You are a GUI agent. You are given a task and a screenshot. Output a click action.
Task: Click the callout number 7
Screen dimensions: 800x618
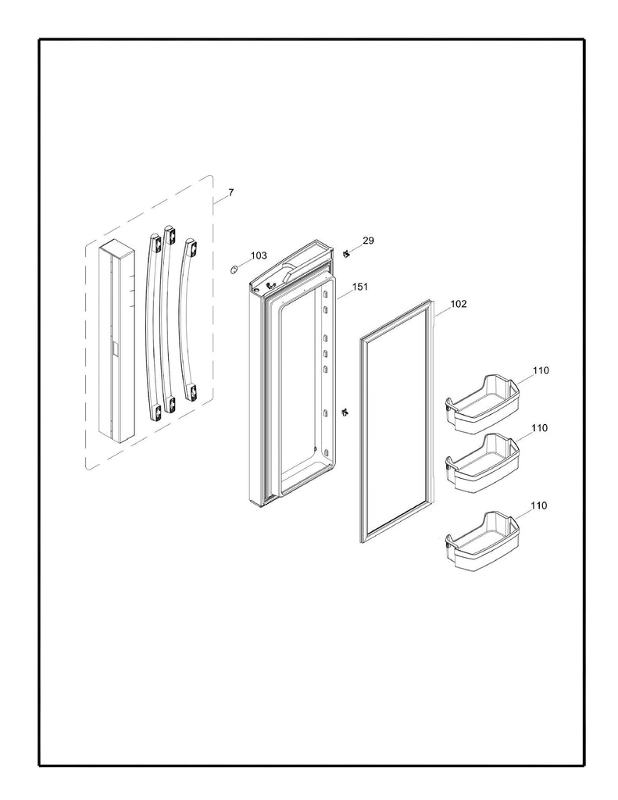pyautogui.click(x=230, y=192)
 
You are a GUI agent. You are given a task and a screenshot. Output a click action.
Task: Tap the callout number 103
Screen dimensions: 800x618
pyautogui.click(x=259, y=255)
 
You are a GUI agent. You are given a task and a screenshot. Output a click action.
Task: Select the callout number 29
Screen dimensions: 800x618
pyautogui.click(x=368, y=241)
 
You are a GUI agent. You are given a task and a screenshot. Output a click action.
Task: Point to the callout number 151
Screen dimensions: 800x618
pyautogui.click(x=359, y=287)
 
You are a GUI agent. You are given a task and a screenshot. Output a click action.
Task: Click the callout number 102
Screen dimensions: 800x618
pyautogui.click(x=459, y=304)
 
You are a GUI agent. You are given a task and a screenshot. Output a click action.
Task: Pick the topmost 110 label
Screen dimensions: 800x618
pyautogui.click(x=540, y=370)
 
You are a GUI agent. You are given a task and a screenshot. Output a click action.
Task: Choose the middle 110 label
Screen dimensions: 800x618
pyautogui.click(x=540, y=428)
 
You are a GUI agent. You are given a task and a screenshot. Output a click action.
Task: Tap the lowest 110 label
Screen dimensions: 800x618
pyautogui.click(x=540, y=505)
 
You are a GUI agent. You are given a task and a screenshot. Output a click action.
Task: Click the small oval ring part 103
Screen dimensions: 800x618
pyautogui.click(x=233, y=270)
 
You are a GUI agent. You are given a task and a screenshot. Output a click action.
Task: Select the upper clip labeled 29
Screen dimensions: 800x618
pyautogui.click(x=345, y=253)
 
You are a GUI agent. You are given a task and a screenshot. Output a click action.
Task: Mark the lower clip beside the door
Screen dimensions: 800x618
pyautogui.click(x=345, y=411)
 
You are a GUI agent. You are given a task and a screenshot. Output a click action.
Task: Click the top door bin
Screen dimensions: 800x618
pyautogui.click(x=481, y=402)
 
